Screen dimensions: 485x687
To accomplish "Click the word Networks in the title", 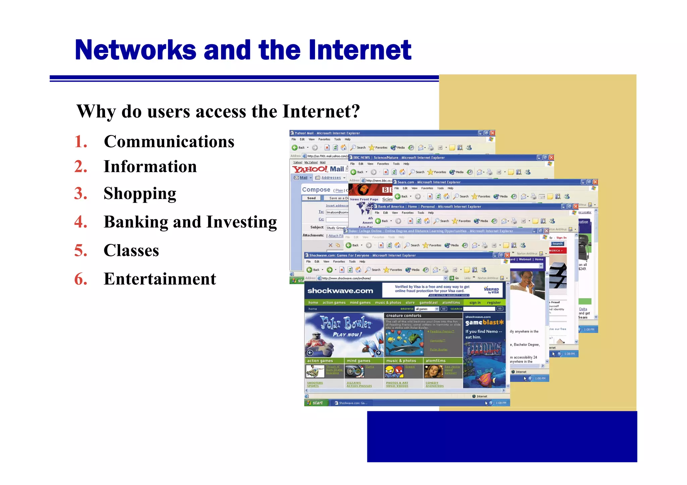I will click(135, 50).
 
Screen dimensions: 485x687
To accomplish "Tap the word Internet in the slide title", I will click(360, 50).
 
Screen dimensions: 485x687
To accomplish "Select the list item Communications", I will click(169, 142).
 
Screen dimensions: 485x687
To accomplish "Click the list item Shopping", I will click(140, 194).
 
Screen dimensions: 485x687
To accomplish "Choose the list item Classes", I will click(131, 251).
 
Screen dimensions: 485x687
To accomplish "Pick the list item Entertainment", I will click(160, 279).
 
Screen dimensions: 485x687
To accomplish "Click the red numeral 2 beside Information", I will click(81, 167).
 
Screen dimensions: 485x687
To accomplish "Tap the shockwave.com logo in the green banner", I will click(340, 291).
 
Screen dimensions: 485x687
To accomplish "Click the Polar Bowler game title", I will click(346, 323).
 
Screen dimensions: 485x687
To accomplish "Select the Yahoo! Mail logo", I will click(318, 169).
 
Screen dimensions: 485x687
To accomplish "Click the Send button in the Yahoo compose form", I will click(311, 198).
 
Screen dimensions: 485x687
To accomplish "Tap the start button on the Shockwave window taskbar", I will click(315, 403).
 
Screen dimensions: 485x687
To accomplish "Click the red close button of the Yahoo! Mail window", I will click(492, 133).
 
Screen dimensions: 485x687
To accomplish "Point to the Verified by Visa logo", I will click(491, 290).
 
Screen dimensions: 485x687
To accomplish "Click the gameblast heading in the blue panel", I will click(484, 323).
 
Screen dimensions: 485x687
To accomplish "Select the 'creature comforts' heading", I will click(404, 316).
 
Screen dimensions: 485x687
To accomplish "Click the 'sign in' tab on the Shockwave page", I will click(475, 302).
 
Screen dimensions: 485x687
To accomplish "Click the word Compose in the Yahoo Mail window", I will click(316, 190).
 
